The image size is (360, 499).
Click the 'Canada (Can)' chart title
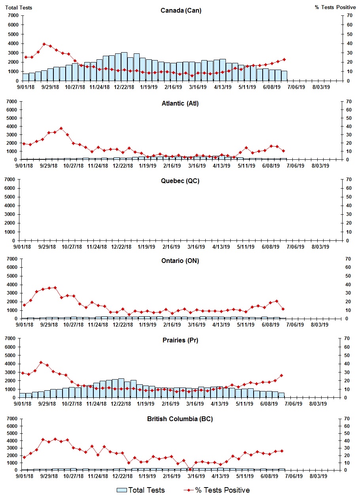coord(181,10)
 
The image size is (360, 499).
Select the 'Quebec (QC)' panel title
coord(180,181)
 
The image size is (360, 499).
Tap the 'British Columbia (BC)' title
coord(180,419)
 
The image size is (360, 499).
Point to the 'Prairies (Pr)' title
coord(180,340)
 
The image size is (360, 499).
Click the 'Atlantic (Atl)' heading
coord(180,103)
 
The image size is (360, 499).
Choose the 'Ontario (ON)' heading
coord(180,261)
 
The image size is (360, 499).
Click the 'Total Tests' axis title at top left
coord(19,8)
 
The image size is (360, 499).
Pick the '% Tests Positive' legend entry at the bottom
coord(216,490)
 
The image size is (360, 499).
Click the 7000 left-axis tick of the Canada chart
coord(13,15)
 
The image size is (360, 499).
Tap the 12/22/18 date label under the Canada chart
coord(124,87)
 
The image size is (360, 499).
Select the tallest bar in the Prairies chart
coord(121,388)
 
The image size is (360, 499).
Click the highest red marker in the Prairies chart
coord(41,362)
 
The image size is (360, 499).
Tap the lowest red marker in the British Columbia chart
coord(190,469)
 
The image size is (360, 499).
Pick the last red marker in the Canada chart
coord(284,60)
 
